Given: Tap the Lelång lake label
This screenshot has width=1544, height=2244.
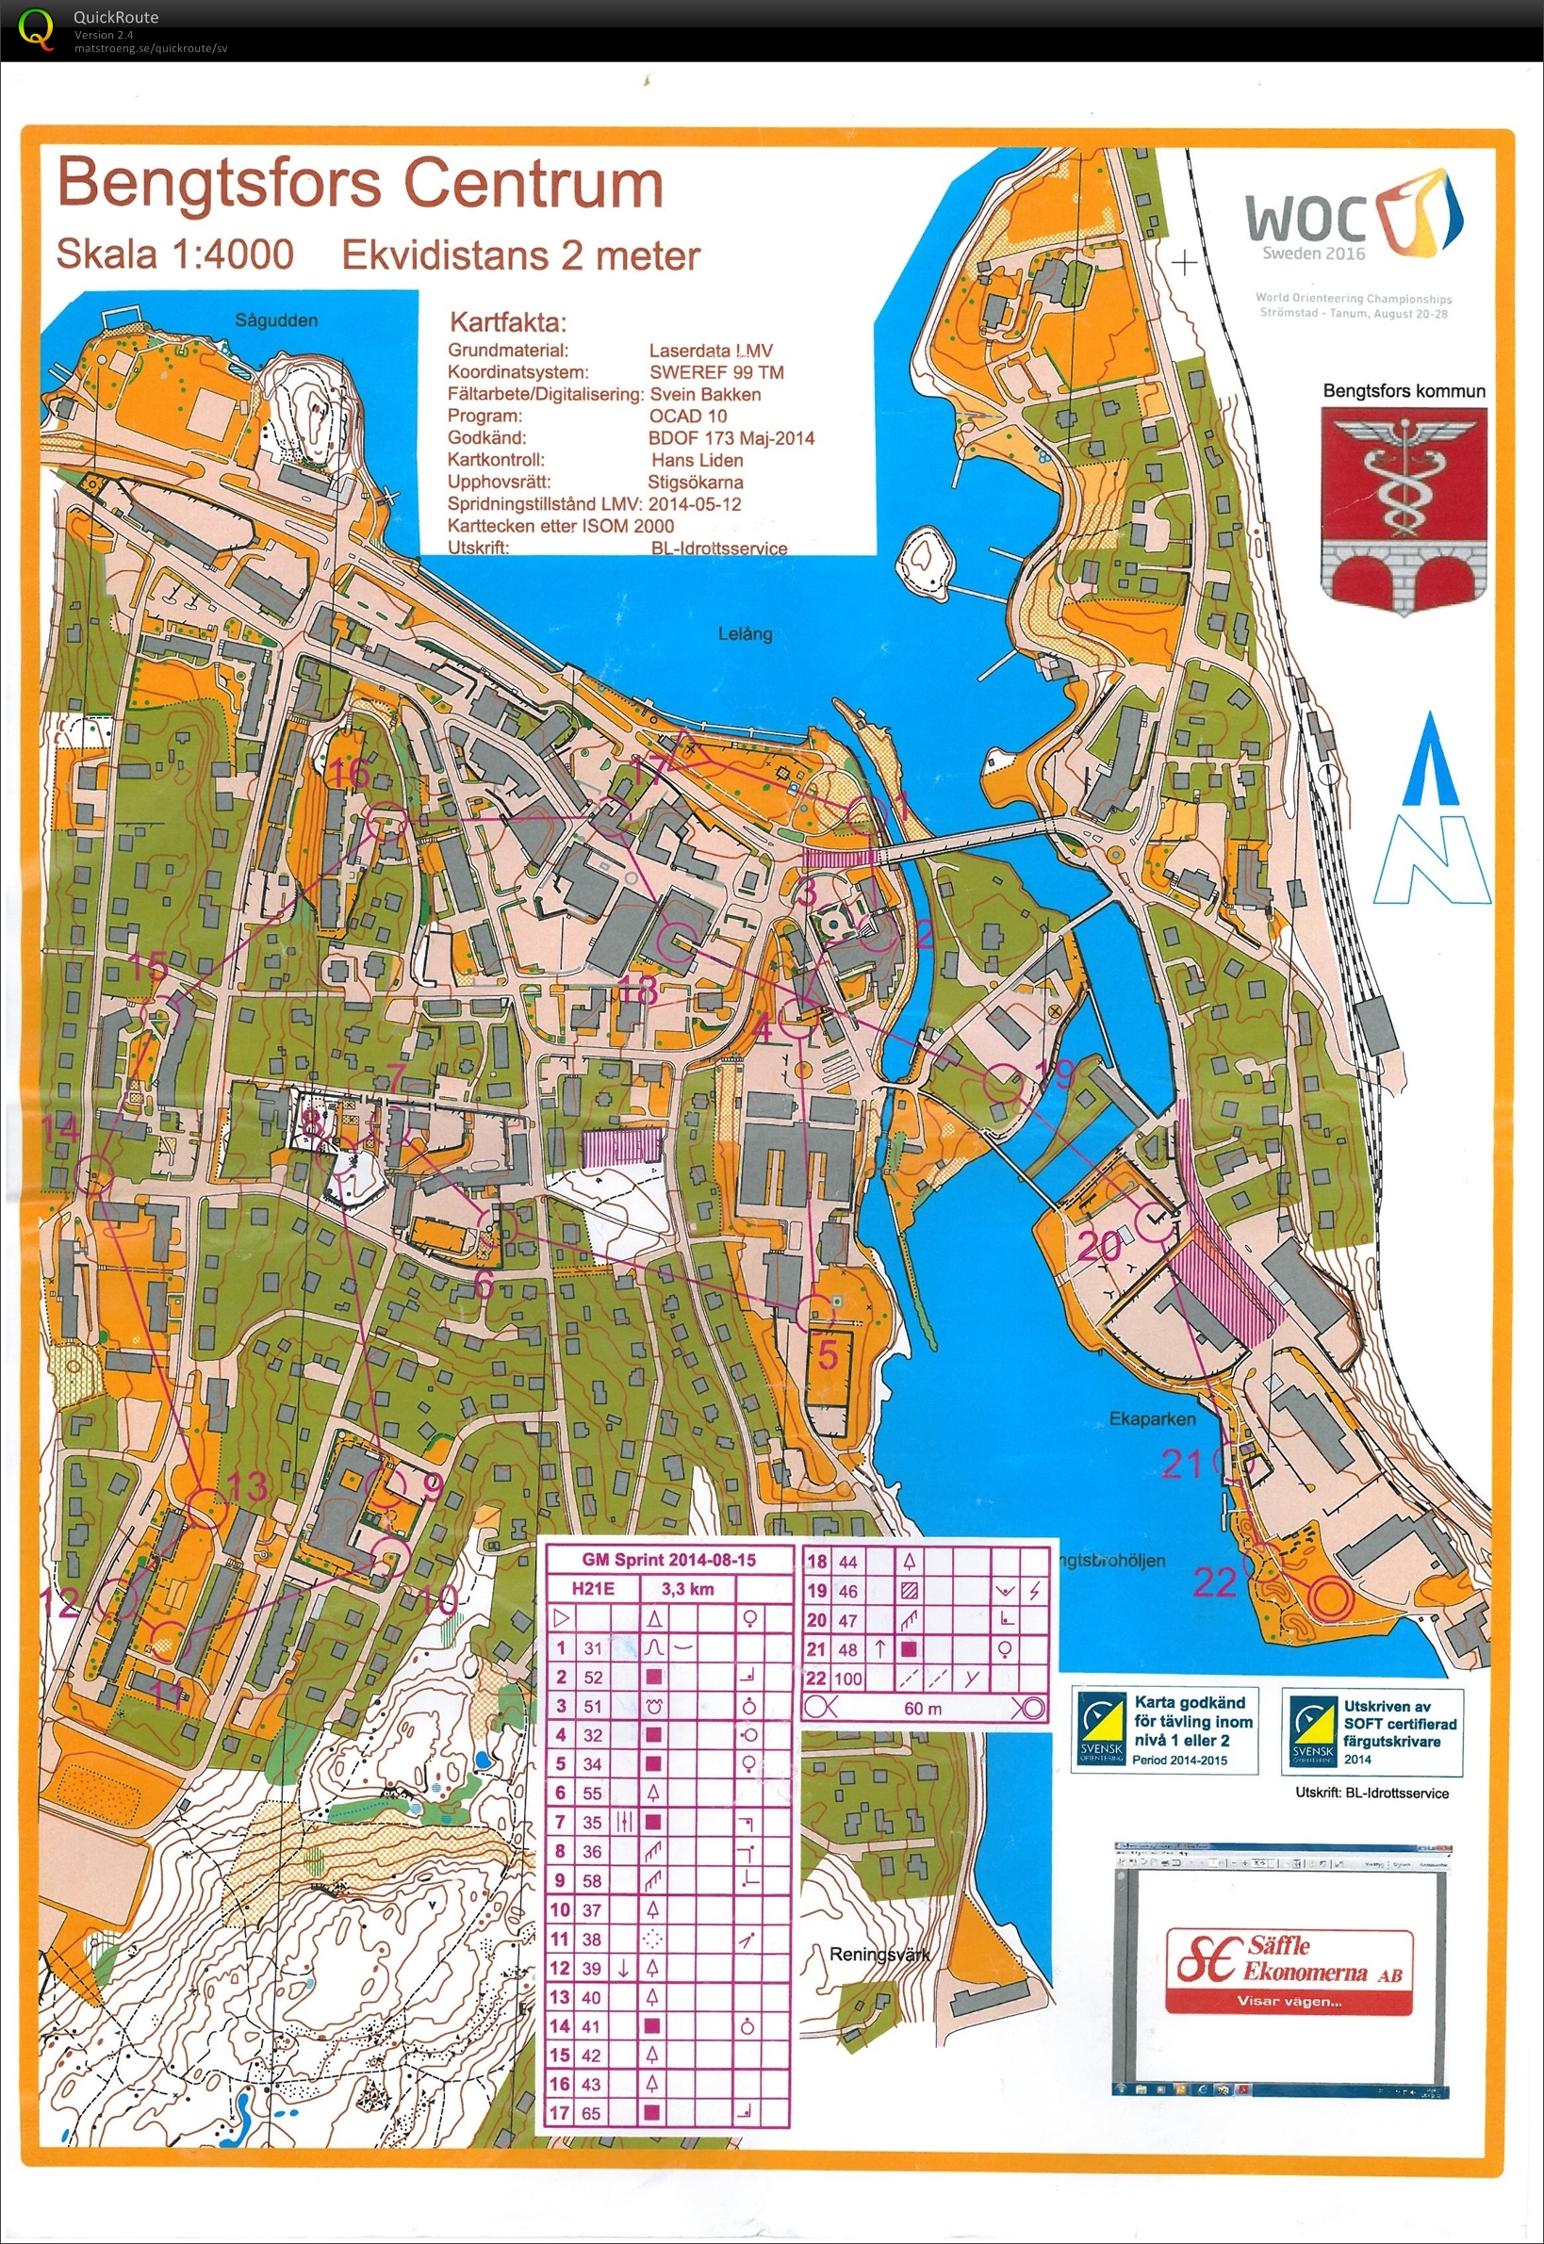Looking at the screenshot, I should (x=745, y=633).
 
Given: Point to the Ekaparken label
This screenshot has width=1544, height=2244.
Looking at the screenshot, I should (x=1151, y=1419).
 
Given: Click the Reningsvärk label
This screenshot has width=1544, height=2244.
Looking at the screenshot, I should (x=879, y=1954).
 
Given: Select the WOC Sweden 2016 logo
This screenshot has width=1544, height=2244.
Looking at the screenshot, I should (x=1354, y=218).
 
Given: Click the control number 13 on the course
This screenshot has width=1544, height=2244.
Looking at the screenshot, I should (x=248, y=1485).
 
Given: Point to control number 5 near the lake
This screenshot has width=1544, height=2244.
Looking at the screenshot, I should (x=829, y=1354).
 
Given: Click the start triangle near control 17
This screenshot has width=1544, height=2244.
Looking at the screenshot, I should (x=684, y=746).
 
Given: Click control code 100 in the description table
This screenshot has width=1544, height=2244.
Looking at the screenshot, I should (x=848, y=1679).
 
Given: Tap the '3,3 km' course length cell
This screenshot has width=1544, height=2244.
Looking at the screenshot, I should (x=687, y=1588).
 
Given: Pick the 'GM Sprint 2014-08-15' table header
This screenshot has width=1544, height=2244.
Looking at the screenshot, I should (x=668, y=1559).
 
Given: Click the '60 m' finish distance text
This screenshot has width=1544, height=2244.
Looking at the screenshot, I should (x=922, y=1708).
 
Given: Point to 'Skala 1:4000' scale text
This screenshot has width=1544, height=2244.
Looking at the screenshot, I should (x=175, y=254).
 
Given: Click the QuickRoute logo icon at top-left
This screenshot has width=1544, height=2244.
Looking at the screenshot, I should (x=36, y=29).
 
